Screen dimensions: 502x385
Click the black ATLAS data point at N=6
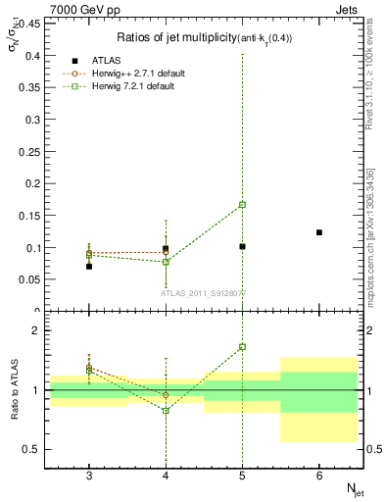(319, 232)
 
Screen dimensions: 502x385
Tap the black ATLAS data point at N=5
(242, 246)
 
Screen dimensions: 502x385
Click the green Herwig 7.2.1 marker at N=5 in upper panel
(242, 205)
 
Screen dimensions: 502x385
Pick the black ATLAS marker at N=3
(89, 266)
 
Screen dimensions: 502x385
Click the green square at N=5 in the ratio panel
(242, 347)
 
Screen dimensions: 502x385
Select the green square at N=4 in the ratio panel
(166, 410)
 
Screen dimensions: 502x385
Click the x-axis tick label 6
(319, 476)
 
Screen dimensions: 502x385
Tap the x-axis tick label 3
(89, 476)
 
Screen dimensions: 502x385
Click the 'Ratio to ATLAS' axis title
(14, 391)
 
